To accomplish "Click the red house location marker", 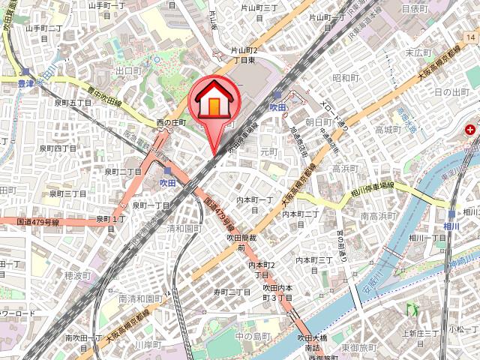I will click(x=214, y=105).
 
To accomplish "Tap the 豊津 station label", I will click(x=26, y=85).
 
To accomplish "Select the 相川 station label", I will click(x=451, y=225).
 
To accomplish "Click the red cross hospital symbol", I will click(x=470, y=130).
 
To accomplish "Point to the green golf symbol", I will click(x=410, y=308).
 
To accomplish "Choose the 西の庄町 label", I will click(x=170, y=123).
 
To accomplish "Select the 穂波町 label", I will click(x=77, y=275).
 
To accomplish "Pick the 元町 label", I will click(x=268, y=151).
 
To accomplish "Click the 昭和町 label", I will click(x=347, y=78).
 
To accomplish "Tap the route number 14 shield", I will click(x=470, y=37).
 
